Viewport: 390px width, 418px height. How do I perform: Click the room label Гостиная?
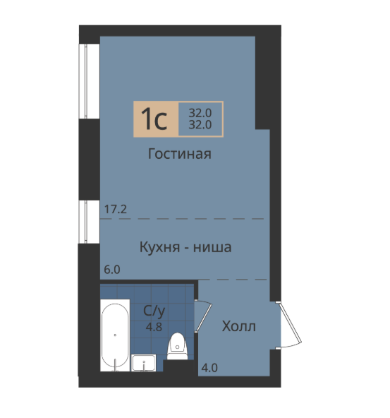179,154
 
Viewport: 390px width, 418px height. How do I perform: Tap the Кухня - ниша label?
185,247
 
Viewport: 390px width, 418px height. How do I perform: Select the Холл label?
239,326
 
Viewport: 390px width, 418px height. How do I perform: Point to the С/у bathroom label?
154,311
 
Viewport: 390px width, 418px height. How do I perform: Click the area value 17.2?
116,209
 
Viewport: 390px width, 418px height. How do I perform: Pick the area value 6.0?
112,270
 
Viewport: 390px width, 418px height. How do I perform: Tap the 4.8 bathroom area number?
154,326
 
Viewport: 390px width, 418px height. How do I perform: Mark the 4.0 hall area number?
209,368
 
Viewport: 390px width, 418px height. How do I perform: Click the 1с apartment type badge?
156,119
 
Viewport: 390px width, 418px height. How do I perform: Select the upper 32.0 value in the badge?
200,113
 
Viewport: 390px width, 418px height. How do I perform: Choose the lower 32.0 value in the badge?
200,124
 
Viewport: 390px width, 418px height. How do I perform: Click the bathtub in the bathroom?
115,335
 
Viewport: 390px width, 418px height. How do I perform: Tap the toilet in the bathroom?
178,346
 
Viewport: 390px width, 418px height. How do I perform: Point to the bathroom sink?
144,363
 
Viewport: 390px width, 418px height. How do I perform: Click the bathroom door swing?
203,316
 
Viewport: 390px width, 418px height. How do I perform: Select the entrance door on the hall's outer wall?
289,325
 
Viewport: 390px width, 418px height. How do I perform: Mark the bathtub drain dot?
115,335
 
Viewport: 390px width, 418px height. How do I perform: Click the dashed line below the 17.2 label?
182,219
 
